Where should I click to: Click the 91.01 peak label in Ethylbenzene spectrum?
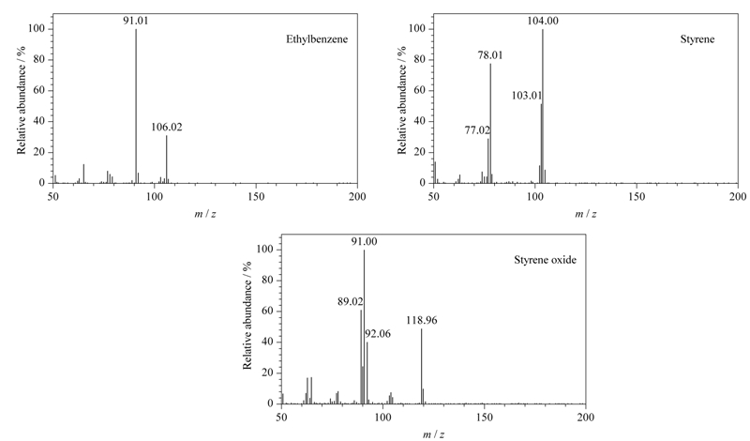tap(136, 21)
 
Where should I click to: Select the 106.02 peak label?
tap(167, 127)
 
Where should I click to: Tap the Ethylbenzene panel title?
tap(317, 39)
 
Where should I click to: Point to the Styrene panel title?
tap(697, 39)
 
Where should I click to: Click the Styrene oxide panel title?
tap(546, 260)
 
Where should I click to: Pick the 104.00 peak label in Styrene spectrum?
tap(543, 21)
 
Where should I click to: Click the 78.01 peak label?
tap(490, 55)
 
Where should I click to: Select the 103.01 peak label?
tap(527, 96)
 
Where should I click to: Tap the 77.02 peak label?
tap(477, 129)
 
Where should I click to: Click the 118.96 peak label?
tap(422, 320)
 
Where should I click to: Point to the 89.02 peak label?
tap(350, 301)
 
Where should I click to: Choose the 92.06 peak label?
tap(378, 334)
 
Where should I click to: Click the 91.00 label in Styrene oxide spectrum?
tap(364, 242)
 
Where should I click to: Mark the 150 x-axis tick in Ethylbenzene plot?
tap(256, 196)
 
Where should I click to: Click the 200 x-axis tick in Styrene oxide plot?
tap(585, 417)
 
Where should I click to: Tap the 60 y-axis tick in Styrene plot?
tap(419, 90)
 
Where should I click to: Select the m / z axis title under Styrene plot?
tap(585, 214)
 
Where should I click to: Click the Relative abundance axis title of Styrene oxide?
tap(247, 315)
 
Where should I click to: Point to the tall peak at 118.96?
tap(421, 366)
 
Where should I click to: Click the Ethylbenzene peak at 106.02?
tap(167, 160)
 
